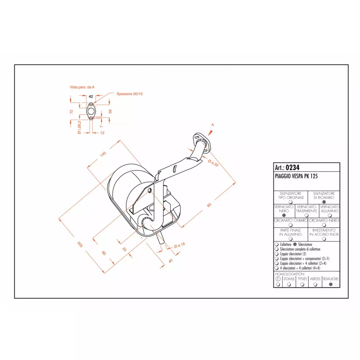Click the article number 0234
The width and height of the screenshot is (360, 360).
click(292, 167)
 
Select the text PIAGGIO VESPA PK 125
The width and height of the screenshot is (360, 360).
click(296, 176)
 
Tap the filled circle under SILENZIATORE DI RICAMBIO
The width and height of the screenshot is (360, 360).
click(324, 202)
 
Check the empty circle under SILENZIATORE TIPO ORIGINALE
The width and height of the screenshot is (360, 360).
click(291, 202)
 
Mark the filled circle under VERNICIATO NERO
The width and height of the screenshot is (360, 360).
click(284, 215)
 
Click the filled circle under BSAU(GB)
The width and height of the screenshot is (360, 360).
click(330, 284)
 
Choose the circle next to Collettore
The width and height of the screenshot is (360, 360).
click(276, 244)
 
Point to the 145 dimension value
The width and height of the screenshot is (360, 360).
click(103, 154)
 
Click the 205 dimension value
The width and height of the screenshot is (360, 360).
click(80, 244)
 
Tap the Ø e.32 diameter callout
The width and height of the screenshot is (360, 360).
click(213, 163)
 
